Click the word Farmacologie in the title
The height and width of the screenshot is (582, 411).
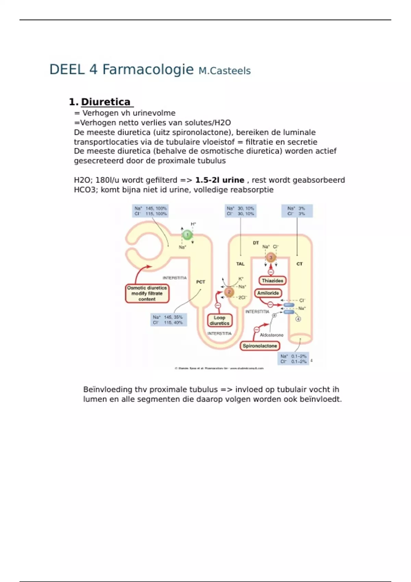coord(148,69)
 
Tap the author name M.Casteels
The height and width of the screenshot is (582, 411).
coord(224,71)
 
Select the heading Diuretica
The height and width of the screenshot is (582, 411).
coord(105,102)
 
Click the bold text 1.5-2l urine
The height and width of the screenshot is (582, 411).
coord(220,180)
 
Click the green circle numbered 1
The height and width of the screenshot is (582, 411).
coord(187,235)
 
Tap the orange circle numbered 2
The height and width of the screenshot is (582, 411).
coord(229,292)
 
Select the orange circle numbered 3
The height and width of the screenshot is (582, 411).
coord(271,257)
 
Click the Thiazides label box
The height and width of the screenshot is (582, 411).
coord(272,281)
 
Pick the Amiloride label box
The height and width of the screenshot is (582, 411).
coord(268,293)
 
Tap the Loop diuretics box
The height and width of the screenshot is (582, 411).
coord(220,320)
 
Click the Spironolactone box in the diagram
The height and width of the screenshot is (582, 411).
coord(260,346)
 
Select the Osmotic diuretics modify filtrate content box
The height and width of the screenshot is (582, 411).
coord(147,293)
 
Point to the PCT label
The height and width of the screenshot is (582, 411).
coord(200,282)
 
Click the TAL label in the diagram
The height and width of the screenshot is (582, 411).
coord(240,264)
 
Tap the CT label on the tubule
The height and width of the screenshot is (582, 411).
coord(299,264)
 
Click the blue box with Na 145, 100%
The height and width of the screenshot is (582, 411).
coord(150,211)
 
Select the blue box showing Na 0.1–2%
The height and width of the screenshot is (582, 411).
coord(293,359)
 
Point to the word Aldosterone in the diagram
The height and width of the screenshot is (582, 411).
coord(272,335)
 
